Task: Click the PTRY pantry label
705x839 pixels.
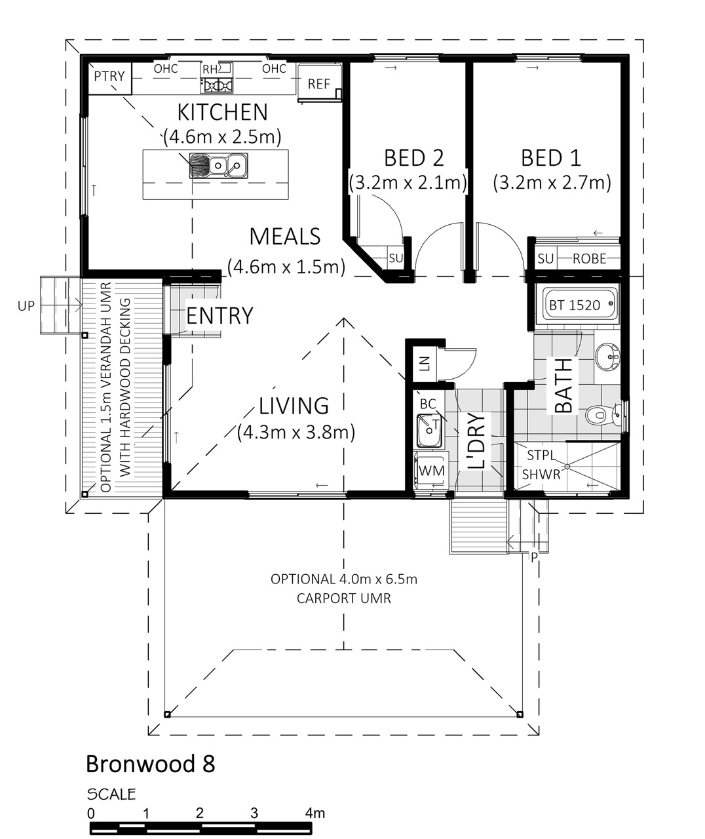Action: coord(109,76)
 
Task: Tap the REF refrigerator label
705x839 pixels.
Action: coord(319,84)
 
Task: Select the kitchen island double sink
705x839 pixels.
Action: coord(219,165)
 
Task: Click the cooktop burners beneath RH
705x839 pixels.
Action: coord(218,86)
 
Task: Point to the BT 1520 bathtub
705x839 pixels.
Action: coord(576,305)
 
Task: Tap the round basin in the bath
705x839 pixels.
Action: coord(607,356)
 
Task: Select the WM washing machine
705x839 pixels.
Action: coord(431,471)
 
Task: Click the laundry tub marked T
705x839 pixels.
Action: coord(429,430)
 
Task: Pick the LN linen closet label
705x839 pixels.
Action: coord(425,364)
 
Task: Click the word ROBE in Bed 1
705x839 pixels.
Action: coord(589,259)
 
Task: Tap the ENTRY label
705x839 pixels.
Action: coord(219,315)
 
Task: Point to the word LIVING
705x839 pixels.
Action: coord(294,406)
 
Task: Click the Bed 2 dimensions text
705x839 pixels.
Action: coord(408,183)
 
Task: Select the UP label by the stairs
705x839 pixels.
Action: coord(26,306)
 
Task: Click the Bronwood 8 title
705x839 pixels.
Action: coord(150,764)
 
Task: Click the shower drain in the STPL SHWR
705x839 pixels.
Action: coord(567,467)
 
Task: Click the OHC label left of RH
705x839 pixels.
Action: coord(166,69)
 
